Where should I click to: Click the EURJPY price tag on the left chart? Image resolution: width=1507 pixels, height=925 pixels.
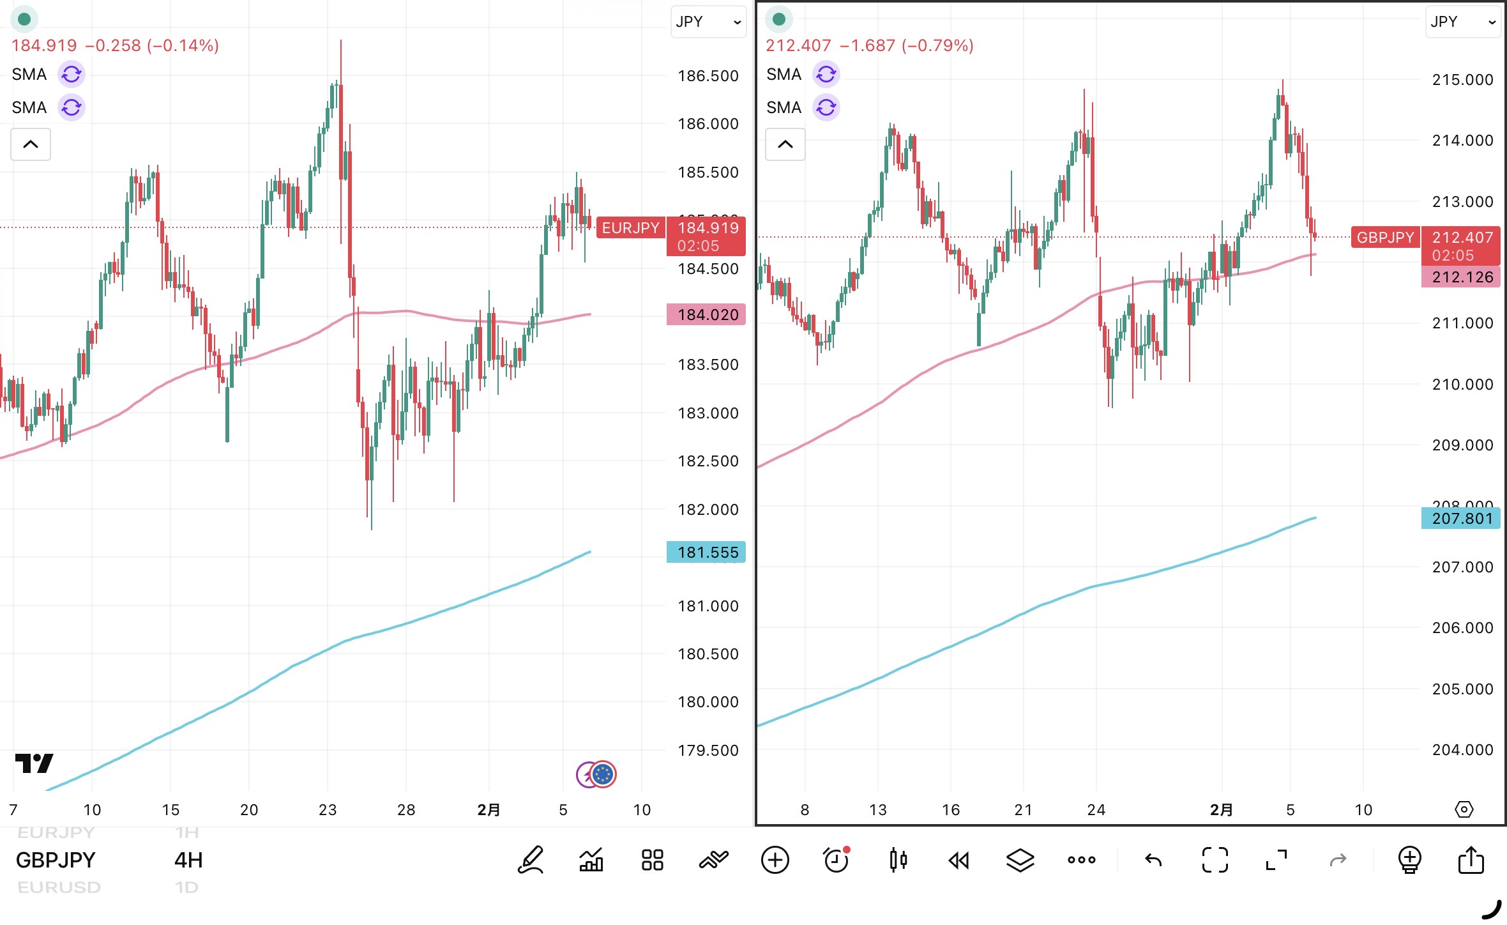[x=630, y=228]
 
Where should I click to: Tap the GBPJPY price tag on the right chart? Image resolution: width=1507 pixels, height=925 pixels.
[x=1385, y=238]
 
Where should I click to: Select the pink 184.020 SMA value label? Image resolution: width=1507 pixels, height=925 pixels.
[x=706, y=314]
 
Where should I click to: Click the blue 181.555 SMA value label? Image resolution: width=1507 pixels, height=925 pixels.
[x=706, y=552]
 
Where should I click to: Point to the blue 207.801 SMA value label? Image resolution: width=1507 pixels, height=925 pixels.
[x=1461, y=518]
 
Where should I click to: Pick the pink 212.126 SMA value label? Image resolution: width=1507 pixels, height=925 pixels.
[x=1461, y=277]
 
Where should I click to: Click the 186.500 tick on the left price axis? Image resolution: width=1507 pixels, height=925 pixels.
[x=708, y=76]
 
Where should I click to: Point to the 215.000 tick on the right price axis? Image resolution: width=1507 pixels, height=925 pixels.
[x=1462, y=80]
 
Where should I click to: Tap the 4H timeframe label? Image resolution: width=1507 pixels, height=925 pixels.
[x=188, y=860]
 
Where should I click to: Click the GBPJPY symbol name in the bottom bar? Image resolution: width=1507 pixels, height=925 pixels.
[x=56, y=860]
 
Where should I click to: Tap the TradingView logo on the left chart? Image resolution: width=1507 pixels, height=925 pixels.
[x=34, y=763]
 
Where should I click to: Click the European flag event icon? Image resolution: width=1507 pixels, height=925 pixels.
[x=603, y=774]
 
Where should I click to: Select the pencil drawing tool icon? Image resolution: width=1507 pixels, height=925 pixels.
[x=531, y=860]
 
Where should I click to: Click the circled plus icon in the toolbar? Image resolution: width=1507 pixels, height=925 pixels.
[x=775, y=860]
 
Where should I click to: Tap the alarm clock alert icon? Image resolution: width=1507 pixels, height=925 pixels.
[x=836, y=860]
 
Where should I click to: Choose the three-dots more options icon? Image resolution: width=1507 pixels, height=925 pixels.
[x=1081, y=860]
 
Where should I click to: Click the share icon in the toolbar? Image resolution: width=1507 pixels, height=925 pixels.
[x=1471, y=860]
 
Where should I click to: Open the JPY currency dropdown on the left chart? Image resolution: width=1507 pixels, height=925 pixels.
[x=708, y=22]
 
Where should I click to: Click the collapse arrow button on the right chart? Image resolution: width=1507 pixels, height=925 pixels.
[x=785, y=144]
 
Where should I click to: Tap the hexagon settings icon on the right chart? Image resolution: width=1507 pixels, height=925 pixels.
[x=1464, y=810]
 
